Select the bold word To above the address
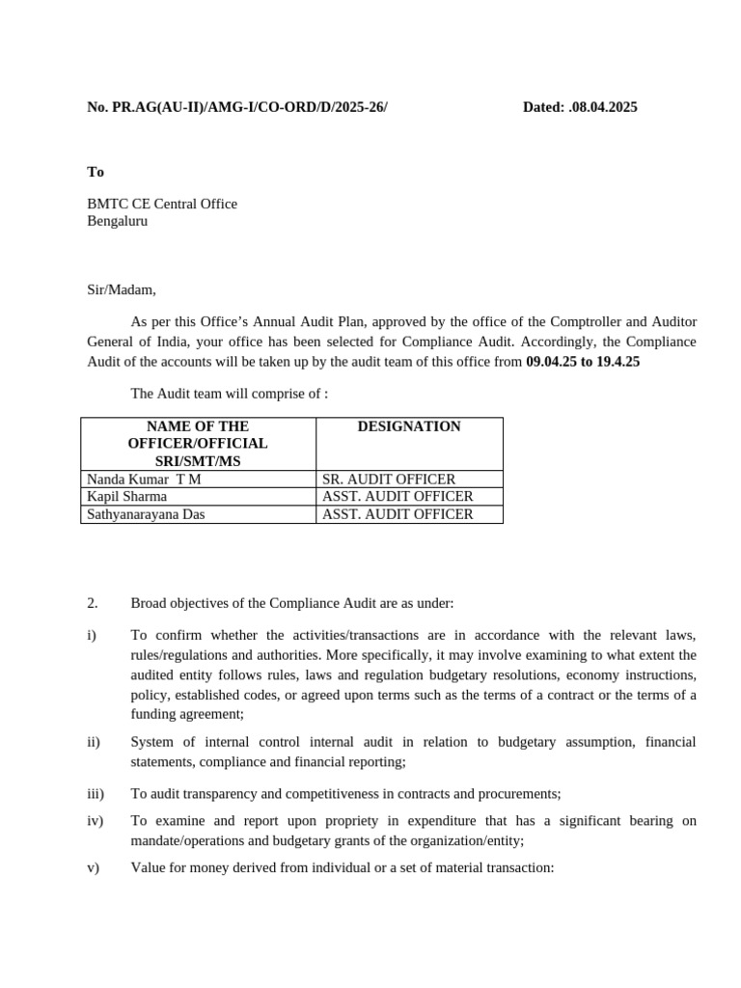[96, 172]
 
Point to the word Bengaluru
[118, 220]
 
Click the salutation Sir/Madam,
[122, 288]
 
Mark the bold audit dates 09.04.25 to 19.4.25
[583, 362]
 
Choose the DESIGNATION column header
[409, 426]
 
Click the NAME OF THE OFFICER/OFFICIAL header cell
[198, 443]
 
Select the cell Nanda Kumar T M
[145, 479]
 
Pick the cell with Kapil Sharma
[127, 496]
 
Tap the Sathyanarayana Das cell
[147, 514]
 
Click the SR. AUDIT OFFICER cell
[389, 479]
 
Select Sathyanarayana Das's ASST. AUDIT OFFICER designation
[398, 514]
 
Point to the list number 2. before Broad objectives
[93, 603]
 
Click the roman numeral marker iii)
[96, 793]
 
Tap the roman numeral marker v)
[94, 866]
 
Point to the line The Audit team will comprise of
[230, 393]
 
